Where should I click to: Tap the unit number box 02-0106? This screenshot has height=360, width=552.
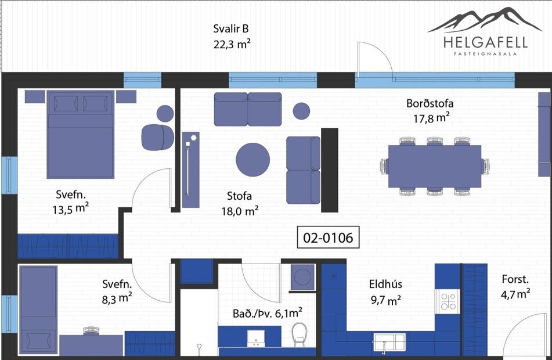(324, 237)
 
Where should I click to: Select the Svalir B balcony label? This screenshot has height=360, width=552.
(231, 36)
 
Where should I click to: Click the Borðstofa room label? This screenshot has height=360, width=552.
(430, 110)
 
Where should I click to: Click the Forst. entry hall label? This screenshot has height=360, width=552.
(515, 286)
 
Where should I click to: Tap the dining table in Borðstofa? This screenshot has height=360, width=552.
(435, 166)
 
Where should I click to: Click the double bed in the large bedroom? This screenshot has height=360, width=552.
(80, 135)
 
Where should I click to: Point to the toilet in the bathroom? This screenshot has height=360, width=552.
(300, 333)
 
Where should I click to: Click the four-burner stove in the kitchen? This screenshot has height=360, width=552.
(448, 301)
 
